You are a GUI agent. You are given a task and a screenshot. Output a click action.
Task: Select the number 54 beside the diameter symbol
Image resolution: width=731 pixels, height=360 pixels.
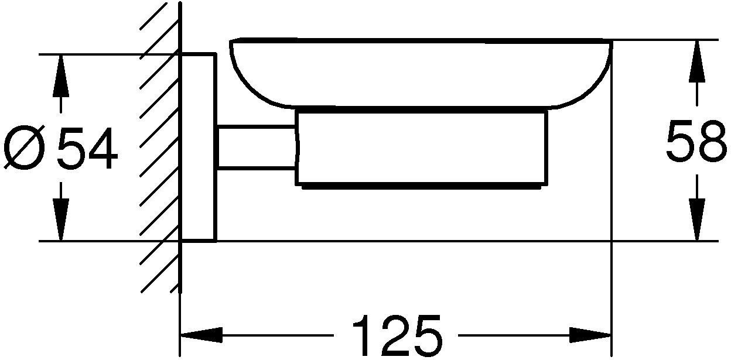click(x=87, y=148)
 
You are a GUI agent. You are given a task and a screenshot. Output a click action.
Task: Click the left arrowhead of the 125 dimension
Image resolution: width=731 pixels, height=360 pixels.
click(x=201, y=335)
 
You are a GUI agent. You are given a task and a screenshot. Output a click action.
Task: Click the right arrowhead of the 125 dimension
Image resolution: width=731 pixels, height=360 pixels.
click(x=590, y=335)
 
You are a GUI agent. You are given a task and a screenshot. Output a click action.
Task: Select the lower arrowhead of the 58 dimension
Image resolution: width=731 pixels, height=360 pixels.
click(x=697, y=220)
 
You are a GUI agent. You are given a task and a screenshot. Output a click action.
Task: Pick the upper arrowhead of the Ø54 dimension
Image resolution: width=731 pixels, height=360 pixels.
click(x=61, y=76)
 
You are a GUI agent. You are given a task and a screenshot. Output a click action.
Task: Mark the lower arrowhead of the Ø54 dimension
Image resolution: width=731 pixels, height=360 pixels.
click(x=61, y=220)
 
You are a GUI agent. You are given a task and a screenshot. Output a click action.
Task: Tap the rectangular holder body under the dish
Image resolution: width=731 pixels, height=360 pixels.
click(x=421, y=148)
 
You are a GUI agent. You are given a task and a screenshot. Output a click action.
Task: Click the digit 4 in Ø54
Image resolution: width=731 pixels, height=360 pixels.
click(x=103, y=148)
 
